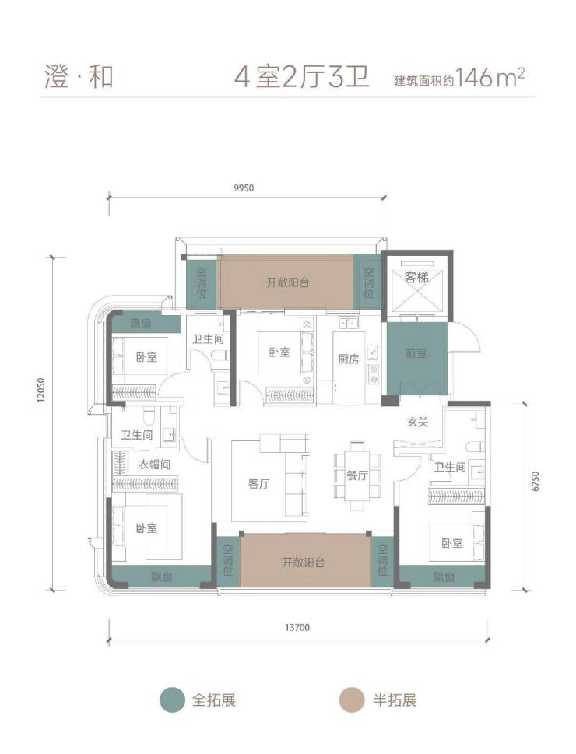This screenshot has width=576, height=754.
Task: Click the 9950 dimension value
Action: coord(244,188)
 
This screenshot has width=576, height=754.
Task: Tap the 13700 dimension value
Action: coord(297,627)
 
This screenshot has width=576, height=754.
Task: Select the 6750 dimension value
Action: coord(536,481)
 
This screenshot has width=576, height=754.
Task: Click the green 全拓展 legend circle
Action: coord(172,700)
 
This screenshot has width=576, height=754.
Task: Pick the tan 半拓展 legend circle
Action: coord(352,700)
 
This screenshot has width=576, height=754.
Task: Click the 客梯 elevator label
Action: coord(416,278)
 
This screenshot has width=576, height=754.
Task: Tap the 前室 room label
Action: coord(416,353)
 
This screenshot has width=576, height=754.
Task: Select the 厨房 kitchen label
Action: coord(349,359)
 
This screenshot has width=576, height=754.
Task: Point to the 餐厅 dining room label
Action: coord(357,475)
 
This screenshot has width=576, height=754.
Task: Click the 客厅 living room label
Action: coord(259,484)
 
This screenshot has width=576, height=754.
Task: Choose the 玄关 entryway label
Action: coord(418,423)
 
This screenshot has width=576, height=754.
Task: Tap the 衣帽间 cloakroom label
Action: coord(154,465)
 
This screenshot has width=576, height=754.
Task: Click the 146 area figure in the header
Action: coord(474,77)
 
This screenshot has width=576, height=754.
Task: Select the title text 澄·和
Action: coord(79,77)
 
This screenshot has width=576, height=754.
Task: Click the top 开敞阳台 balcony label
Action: coord(288,282)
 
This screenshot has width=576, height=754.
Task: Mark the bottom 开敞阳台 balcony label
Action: coord(303,562)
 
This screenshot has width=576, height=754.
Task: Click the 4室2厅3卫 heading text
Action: coord(302,77)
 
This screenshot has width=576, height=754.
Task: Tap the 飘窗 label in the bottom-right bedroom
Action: coord(444,577)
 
